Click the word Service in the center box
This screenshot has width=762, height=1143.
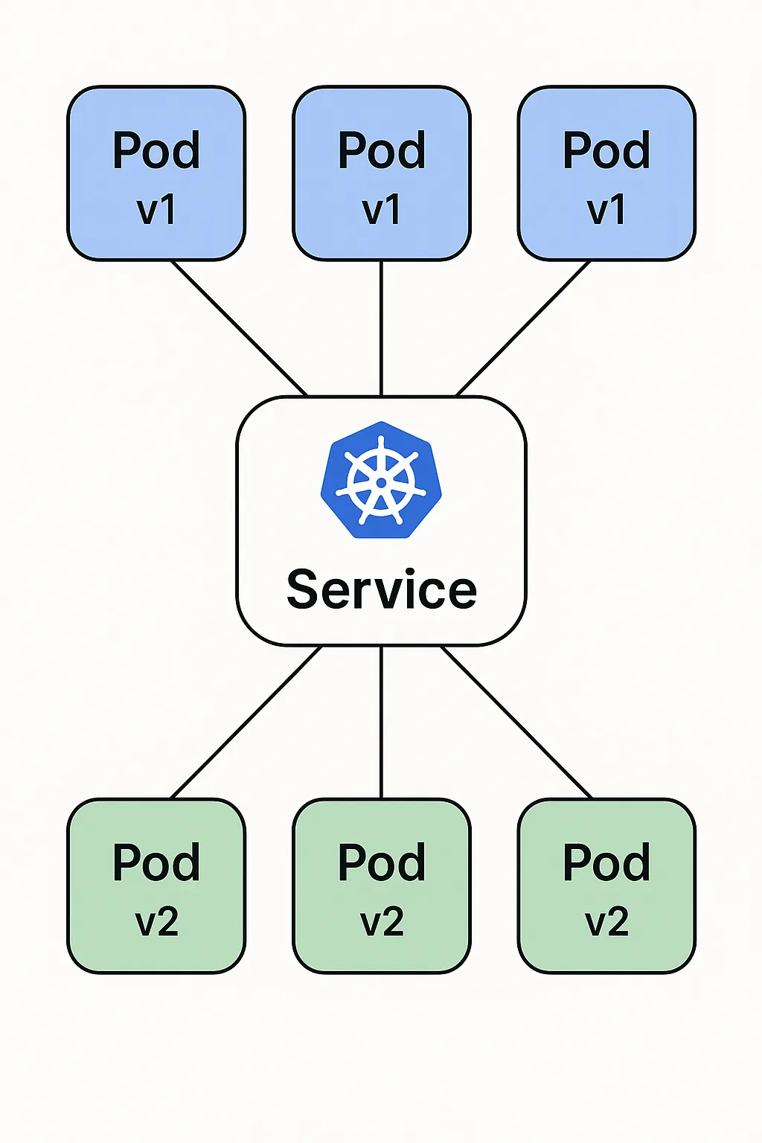tap(381, 589)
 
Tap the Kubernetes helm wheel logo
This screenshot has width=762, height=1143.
tap(381, 480)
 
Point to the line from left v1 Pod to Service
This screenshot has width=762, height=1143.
tap(239, 328)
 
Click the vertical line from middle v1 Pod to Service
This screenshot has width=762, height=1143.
tap(381, 327)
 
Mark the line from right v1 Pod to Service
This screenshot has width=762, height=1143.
tap(523, 328)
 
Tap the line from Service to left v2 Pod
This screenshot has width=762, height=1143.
tap(246, 722)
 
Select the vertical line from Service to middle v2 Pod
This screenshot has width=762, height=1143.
tap(381, 722)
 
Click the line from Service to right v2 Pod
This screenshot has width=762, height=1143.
tap(516, 722)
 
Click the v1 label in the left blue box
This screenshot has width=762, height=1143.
tap(156, 209)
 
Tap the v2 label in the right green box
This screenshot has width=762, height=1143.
tap(606, 922)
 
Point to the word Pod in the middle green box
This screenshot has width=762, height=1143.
tap(382, 863)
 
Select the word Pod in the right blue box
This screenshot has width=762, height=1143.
tap(606, 151)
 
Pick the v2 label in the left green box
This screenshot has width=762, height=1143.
tap(156, 922)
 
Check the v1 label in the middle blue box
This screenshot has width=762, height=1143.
tap(382, 209)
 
